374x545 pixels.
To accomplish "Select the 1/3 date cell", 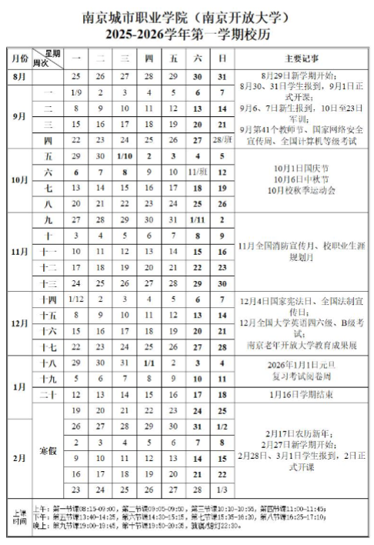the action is coord(222,489).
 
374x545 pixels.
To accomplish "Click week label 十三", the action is coord(48,283).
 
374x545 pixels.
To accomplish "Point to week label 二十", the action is coord(48,394).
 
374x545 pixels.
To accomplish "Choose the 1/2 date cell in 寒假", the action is coord(222,426).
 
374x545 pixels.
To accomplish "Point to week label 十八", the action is coord(48,363).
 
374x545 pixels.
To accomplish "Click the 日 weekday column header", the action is coord(222,58).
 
